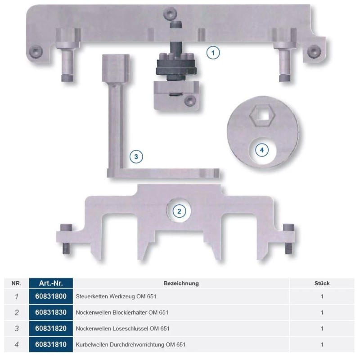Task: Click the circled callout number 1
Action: pyautogui.click(x=213, y=53)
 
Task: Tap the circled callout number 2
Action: pyautogui.click(x=179, y=211)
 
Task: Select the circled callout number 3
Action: pyautogui.click(x=136, y=157)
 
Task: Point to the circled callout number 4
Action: pyautogui.click(x=262, y=150)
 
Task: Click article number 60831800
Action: pyautogui.click(x=51, y=296)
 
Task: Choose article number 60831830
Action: pyautogui.click(x=51, y=312)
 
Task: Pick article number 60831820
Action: pyautogui.click(x=51, y=328)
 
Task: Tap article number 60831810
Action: pyautogui.click(x=51, y=344)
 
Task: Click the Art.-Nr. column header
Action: pyautogui.click(x=51, y=283)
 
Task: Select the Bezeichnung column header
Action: pyautogui.click(x=181, y=283)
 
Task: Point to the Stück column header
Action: pyautogui.click(x=322, y=283)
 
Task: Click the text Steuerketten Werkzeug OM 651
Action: pyautogui.click(x=116, y=297)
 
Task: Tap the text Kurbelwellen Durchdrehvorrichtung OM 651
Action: pyautogui.click(x=130, y=345)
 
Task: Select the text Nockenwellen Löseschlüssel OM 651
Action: pyautogui.click(x=122, y=328)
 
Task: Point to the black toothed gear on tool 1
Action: pyautogui.click(x=176, y=67)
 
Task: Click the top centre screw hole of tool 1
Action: pyautogui.click(x=170, y=13)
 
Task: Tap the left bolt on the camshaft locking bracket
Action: pyautogui.click(x=66, y=239)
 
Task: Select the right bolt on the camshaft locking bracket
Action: pyautogui.click(x=289, y=239)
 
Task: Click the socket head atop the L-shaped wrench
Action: pyautogui.click(x=116, y=68)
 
